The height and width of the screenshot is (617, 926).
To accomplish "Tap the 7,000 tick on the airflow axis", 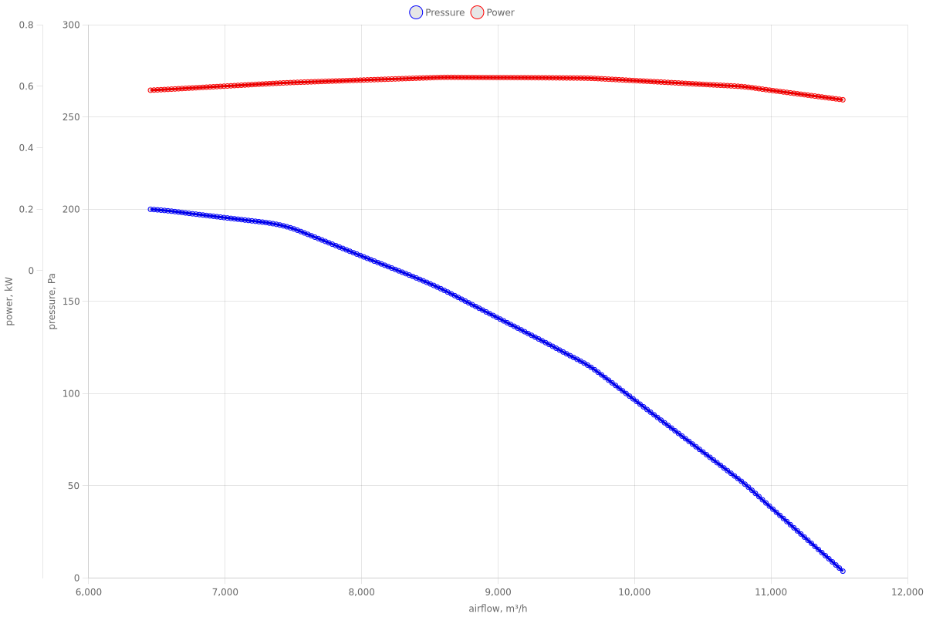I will click(225, 592).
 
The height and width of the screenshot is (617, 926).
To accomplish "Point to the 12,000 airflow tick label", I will click(907, 592).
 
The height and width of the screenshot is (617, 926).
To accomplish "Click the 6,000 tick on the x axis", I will click(89, 592).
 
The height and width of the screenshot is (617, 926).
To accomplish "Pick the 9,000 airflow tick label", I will click(498, 592).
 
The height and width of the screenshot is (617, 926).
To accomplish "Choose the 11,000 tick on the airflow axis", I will click(770, 592).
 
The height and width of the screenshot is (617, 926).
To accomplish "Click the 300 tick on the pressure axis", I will click(71, 25).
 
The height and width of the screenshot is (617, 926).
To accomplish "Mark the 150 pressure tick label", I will click(71, 302).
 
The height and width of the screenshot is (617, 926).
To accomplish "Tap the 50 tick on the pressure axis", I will click(73, 486).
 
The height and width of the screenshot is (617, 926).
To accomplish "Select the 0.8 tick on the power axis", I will click(26, 25).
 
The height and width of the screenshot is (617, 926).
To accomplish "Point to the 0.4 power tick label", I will click(26, 147).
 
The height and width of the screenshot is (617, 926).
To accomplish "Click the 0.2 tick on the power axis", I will click(26, 209).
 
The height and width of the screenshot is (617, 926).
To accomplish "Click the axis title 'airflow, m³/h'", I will click(498, 609).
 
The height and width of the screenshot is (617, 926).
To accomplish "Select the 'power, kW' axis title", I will click(10, 302).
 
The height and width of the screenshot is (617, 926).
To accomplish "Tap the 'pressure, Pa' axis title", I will click(52, 302).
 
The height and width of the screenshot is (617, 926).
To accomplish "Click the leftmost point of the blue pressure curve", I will click(150, 209).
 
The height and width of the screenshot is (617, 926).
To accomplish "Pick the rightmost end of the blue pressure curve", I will click(843, 571).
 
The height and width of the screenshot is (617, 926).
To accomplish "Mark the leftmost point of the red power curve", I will click(150, 90).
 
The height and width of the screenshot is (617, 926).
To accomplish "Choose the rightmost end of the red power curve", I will click(843, 99).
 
